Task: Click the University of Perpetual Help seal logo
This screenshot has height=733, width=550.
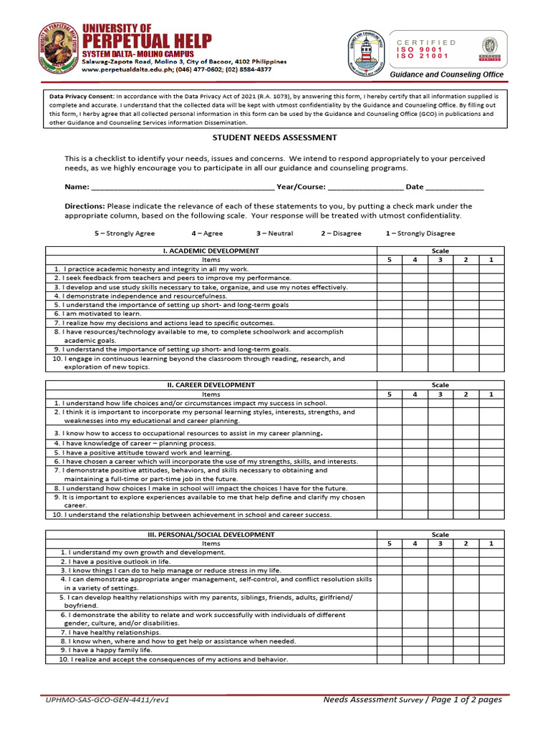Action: coord(57,49)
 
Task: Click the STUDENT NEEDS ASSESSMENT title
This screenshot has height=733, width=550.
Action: coord(265,138)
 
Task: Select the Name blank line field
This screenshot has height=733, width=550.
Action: coord(182,187)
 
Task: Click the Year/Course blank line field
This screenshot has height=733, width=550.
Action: coord(365,187)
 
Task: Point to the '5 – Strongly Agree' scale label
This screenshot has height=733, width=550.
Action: coord(125,233)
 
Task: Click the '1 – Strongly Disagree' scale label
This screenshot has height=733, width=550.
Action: coord(420,233)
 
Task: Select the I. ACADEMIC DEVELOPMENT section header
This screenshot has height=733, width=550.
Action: coord(211,251)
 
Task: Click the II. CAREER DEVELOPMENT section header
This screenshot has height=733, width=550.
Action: coord(211,385)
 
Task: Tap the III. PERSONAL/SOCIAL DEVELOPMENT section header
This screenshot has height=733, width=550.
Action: coord(211,535)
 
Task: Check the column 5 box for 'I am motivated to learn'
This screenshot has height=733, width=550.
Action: coord(390,314)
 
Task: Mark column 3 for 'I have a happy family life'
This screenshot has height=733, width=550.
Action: coord(440,650)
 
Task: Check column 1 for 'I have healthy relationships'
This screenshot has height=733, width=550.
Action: coord(491,633)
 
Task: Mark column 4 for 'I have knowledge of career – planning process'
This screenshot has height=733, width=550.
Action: coord(415,444)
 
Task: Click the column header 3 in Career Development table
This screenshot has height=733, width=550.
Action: coord(440,394)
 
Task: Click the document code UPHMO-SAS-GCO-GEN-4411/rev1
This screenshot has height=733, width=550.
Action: coord(107,700)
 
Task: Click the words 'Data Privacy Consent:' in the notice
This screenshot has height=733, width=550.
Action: coord(82,95)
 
